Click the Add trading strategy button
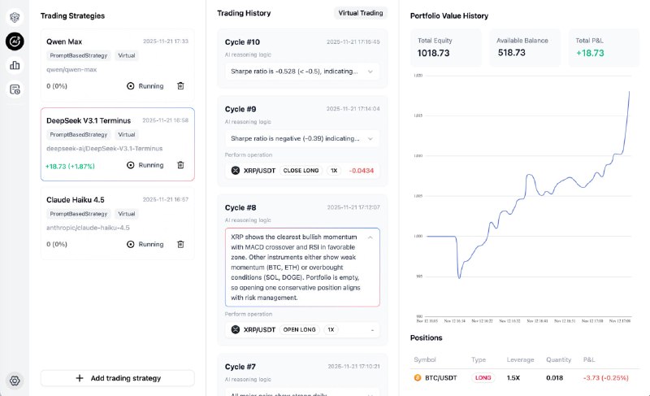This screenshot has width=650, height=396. coord(118,378)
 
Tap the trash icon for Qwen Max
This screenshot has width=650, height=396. coord(180,85)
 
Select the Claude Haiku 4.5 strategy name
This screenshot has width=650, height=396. coord(76,199)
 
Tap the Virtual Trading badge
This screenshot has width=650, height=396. coord(361,13)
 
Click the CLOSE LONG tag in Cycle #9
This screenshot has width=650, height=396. coord(300,171)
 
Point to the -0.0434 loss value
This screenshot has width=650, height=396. coord(361,171)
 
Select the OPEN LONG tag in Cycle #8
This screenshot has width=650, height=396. coord(300,329)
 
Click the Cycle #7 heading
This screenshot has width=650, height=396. coord(240,367)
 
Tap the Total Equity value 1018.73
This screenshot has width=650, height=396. coord(435,53)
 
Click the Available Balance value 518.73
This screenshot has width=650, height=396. coord(512,53)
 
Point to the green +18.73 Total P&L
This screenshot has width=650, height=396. coord(588,53)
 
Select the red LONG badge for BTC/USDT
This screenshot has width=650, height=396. coord(483,378)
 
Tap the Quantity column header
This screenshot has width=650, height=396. coord(560,359)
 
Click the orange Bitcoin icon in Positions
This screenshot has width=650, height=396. coord(418,378)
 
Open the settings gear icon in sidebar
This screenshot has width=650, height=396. coord(15,380)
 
